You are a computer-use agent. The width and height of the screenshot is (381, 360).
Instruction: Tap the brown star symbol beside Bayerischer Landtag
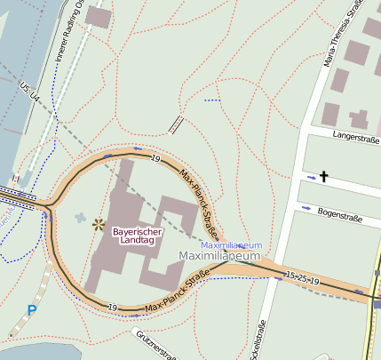[x=99, y=224]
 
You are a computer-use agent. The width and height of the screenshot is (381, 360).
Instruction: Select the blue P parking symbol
[x=32, y=310]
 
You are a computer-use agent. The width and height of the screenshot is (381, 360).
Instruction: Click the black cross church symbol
[x=323, y=178]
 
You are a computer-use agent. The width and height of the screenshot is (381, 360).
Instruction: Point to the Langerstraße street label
[x=356, y=135]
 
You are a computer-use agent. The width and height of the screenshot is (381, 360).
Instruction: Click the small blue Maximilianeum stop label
[x=231, y=244]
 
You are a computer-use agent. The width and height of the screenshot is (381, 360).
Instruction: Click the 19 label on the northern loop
[x=155, y=159]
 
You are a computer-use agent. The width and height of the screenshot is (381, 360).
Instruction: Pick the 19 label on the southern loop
[x=113, y=307]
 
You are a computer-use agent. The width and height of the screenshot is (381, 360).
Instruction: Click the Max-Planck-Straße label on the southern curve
[x=176, y=292]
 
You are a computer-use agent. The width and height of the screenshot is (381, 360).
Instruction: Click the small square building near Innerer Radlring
[x=99, y=16]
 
